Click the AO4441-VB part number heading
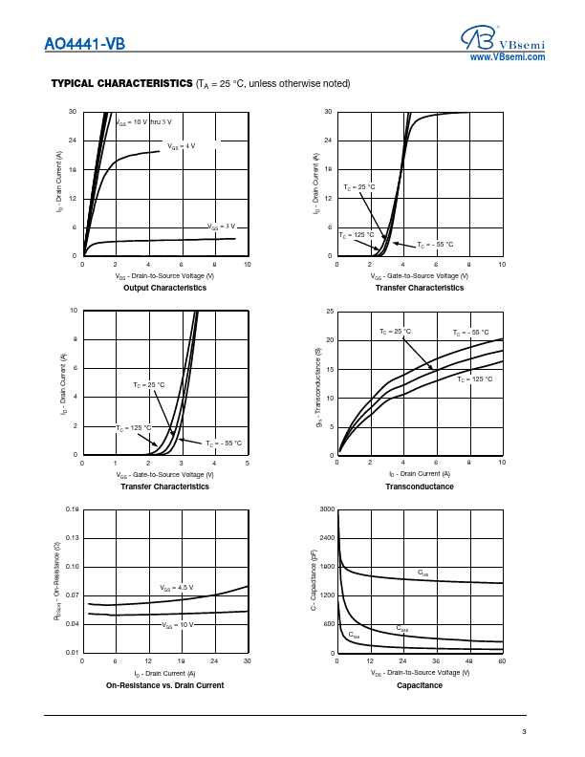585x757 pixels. click(84, 43)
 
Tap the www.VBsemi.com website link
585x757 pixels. click(508, 57)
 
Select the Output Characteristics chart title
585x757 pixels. click(164, 288)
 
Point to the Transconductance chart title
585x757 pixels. click(420, 487)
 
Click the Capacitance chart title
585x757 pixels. click(420, 685)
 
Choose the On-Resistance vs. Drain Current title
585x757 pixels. click(164, 685)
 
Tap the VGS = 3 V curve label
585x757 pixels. click(222, 227)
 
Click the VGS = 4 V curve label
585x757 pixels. click(182, 146)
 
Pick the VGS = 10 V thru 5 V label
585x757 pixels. click(144, 122)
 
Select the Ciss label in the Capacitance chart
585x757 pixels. click(423, 573)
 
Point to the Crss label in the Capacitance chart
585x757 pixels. click(354, 635)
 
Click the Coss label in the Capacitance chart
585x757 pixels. click(402, 628)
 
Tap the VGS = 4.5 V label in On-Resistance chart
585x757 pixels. click(176, 587)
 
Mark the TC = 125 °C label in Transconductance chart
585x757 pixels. click(474, 379)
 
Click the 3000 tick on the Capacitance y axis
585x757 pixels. click(326, 509)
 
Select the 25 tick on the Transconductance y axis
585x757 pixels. click(329, 312)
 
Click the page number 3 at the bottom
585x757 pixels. click(524, 732)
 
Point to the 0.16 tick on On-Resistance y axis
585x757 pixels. click(72, 509)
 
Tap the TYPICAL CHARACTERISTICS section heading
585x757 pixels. click(121, 83)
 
